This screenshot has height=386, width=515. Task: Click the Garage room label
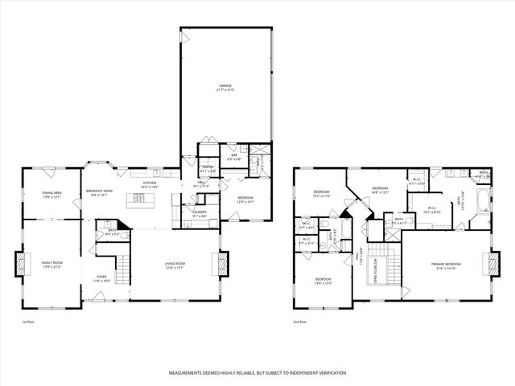tap(225, 87)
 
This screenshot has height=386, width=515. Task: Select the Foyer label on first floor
tap(101, 279)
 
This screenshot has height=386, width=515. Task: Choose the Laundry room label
tap(200, 213)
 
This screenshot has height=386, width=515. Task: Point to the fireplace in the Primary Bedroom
tap(488, 262)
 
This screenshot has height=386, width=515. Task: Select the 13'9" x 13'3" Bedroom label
tap(322, 281)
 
